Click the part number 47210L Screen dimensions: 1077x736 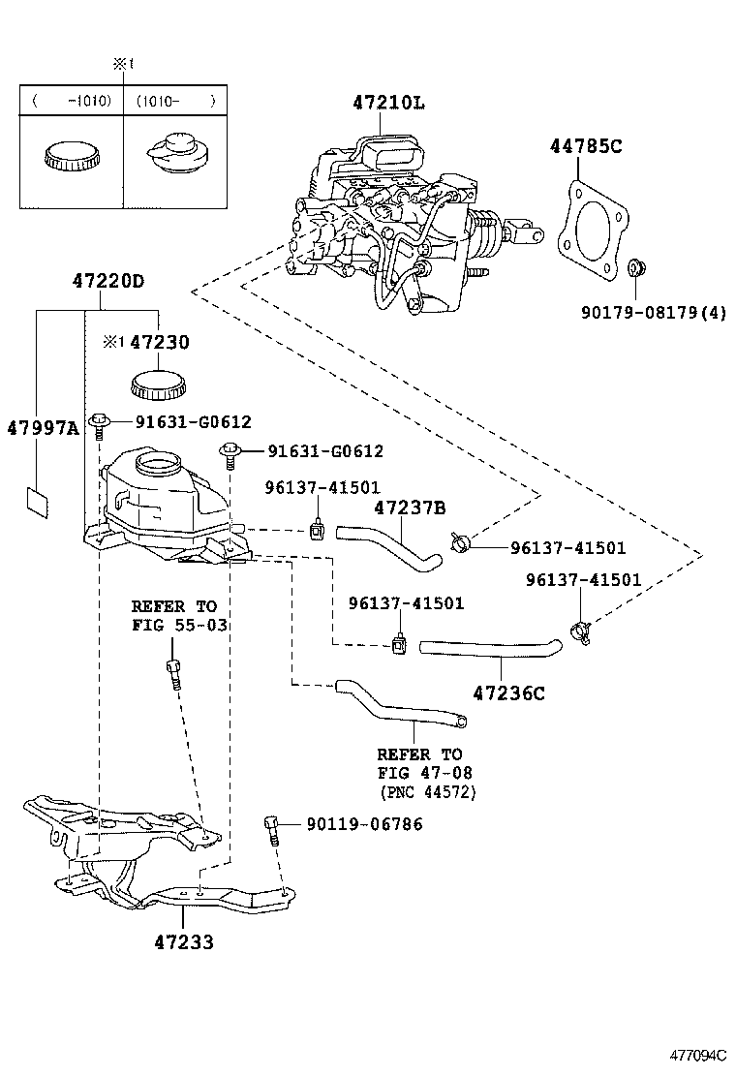point(387,104)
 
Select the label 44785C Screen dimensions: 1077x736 point(586,147)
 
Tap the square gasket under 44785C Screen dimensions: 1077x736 point(591,229)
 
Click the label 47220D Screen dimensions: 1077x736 point(107,282)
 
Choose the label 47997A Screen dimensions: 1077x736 point(43,427)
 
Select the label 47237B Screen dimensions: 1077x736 point(410,507)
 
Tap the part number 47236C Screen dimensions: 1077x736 point(509,692)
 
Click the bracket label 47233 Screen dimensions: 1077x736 point(183,941)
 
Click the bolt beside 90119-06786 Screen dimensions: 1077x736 point(272,829)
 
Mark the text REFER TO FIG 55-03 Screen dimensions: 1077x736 point(179,616)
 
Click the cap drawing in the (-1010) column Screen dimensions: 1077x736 point(70,155)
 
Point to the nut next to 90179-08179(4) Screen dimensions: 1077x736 point(637,266)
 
